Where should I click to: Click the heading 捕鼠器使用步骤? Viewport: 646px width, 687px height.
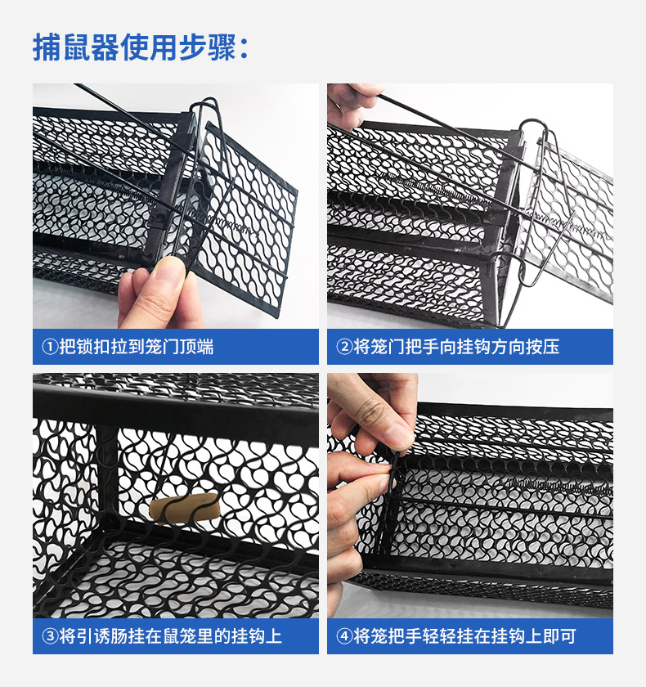pyautogui.click(x=135, y=47)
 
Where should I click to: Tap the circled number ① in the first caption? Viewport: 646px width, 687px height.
pyautogui.click(x=50, y=347)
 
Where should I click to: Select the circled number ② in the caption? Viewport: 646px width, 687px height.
pyautogui.click(x=344, y=347)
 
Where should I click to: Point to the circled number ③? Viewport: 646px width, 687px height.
pyautogui.click(x=50, y=636)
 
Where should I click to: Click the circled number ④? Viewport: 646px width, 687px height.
pyautogui.click(x=344, y=636)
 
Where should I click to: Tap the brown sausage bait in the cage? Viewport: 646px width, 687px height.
pyautogui.click(x=184, y=508)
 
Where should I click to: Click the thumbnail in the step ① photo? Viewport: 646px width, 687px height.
pyautogui.click(x=167, y=272)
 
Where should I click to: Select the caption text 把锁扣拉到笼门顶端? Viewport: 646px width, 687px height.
pyautogui.click(x=137, y=347)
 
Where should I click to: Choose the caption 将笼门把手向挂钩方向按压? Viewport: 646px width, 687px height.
pyautogui.click(x=456, y=347)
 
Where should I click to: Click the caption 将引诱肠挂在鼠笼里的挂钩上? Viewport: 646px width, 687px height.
pyautogui.click(x=170, y=636)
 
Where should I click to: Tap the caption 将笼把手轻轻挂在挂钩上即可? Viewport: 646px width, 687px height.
pyautogui.click(x=464, y=636)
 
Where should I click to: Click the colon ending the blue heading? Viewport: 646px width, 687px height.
pyautogui.click(x=244, y=48)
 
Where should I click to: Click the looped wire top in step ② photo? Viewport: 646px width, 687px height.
pyautogui.click(x=533, y=126)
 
